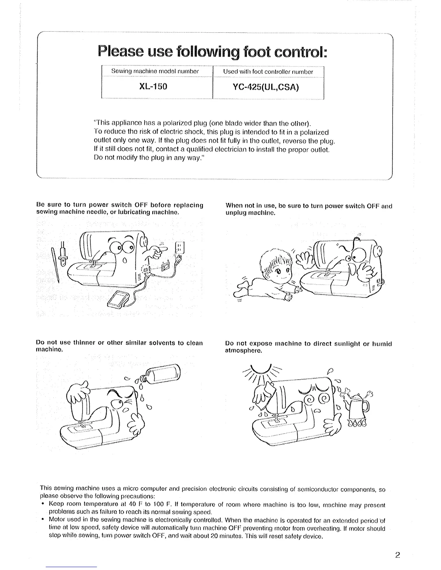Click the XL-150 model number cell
pyautogui.click(x=157, y=87)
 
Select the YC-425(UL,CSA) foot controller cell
pyautogui.click(x=268, y=87)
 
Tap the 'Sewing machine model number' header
pyautogui.click(x=157, y=72)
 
